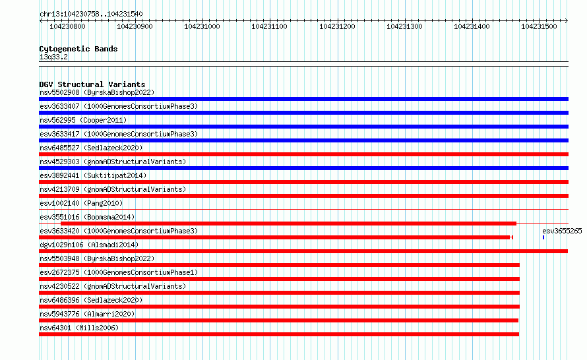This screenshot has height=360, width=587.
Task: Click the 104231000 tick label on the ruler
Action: tap(202, 26)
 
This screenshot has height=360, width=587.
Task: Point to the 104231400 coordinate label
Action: tap(472, 26)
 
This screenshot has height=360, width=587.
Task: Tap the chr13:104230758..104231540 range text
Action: tap(91, 15)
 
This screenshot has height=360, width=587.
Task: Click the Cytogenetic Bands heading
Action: tap(78, 49)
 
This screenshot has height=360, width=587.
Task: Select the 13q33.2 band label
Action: tap(53, 57)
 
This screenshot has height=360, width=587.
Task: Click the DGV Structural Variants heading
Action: tap(92, 84)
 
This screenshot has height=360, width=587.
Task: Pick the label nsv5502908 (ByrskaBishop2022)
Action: tap(97, 92)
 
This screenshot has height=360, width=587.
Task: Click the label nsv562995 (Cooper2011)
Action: tap(83, 120)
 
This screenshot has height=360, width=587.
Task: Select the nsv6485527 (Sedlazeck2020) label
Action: tap(91, 148)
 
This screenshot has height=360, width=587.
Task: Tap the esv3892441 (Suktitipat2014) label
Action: tap(93, 175)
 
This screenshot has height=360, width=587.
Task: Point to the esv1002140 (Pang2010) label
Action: tap(81, 203)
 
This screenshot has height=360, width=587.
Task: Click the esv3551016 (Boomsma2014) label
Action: tap(87, 217)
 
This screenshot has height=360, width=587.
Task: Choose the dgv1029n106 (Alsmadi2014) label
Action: tap(89, 245)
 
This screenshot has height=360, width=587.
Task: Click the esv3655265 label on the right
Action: tap(562, 231)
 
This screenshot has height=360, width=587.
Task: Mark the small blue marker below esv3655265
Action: tap(543, 237)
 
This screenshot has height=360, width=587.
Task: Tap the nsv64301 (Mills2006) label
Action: tap(79, 328)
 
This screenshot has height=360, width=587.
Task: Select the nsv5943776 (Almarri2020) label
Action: tap(87, 314)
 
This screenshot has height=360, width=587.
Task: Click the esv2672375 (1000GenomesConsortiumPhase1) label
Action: tap(119, 272)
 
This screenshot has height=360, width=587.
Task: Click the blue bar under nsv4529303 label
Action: tap(303, 168)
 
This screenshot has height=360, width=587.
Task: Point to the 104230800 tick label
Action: tap(67, 26)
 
